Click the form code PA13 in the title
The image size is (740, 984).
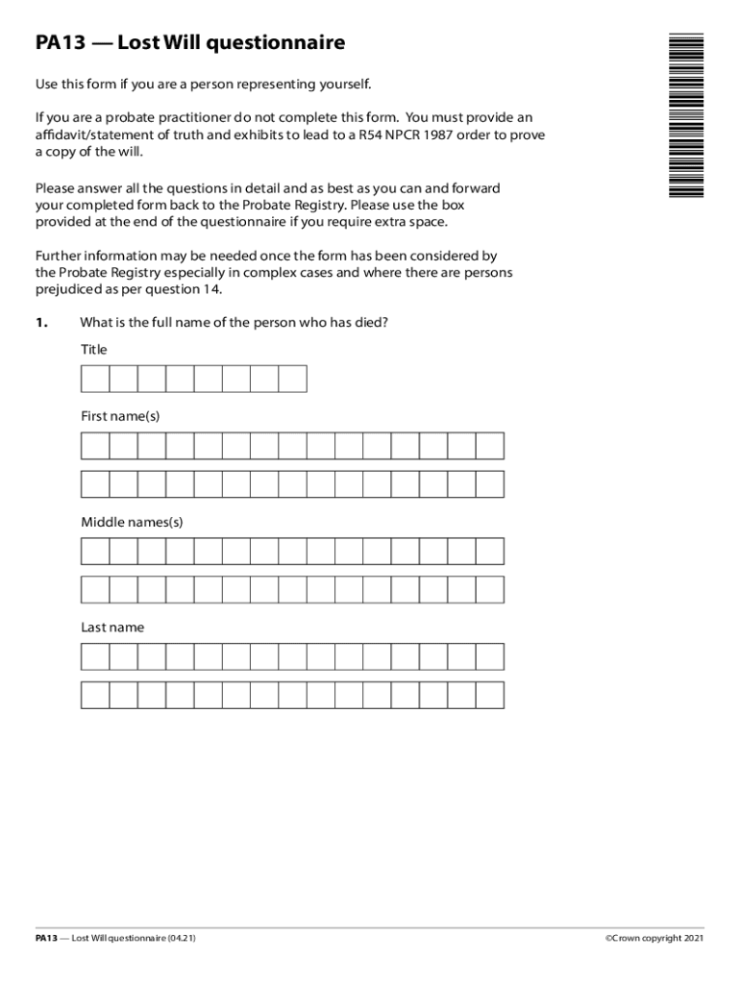point(61,43)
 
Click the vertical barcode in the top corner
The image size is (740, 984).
point(686,115)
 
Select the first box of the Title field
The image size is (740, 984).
point(95,380)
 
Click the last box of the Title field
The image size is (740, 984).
point(292,380)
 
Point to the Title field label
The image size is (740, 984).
point(94,350)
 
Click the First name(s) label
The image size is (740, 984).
point(120,416)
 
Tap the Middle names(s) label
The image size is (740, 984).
point(132,523)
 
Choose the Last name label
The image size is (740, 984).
point(112,627)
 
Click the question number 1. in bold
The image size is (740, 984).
point(41,323)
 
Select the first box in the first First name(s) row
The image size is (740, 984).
point(95,446)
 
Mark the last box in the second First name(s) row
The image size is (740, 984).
point(489,484)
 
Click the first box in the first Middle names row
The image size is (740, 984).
point(95,552)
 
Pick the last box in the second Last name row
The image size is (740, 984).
point(489,695)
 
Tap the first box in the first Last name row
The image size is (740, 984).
point(95,656)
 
